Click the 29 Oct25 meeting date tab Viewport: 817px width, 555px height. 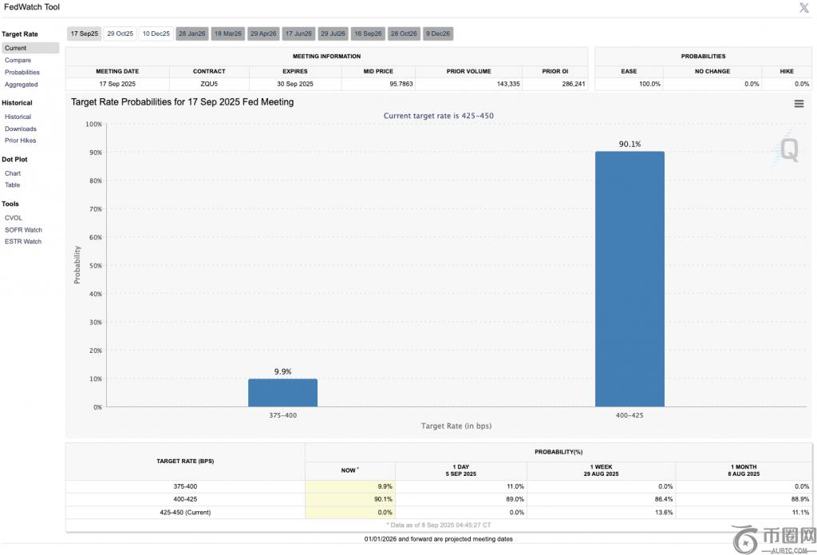(x=120, y=34)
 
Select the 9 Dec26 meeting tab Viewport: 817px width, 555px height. (x=438, y=34)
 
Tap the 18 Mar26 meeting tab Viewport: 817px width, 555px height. (x=227, y=34)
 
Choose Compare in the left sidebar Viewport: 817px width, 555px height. (x=18, y=60)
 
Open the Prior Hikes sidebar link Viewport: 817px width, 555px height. (x=21, y=141)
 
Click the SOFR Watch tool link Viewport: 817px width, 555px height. (x=23, y=230)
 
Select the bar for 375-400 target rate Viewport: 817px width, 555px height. (x=282, y=393)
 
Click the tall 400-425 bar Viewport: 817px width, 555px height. (x=630, y=279)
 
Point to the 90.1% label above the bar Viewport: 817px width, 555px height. (x=630, y=144)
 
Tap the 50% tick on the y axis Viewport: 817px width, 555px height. (x=94, y=266)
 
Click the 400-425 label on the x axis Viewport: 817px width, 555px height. (x=630, y=415)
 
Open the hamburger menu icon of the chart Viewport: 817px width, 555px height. (x=799, y=104)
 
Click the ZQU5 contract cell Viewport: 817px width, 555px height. (x=209, y=84)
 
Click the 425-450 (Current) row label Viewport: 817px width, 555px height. (x=184, y=512)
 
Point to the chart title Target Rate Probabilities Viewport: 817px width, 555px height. (x=182, y=102)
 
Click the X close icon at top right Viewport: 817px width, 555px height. (x=803, y=8)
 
